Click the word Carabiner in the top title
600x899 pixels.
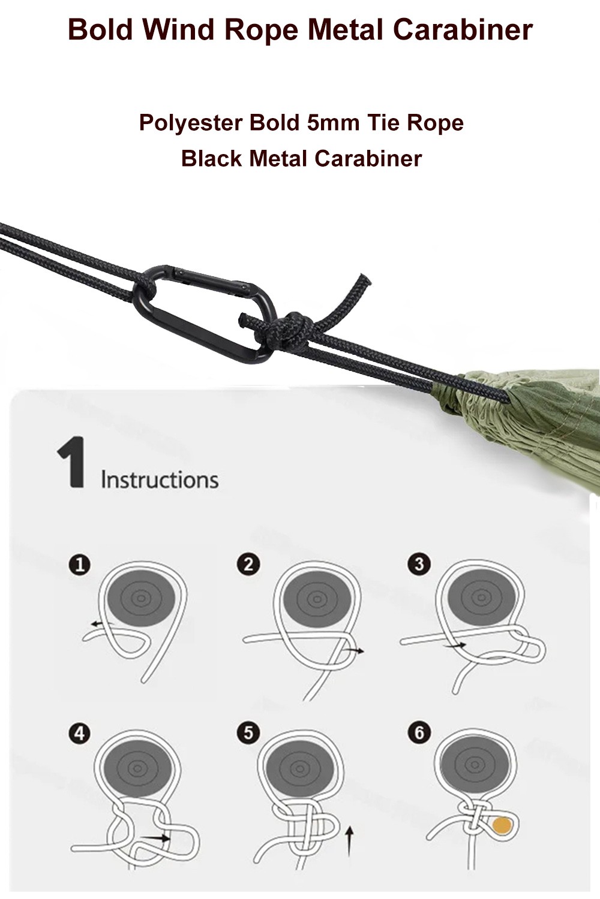[x=463, y=30]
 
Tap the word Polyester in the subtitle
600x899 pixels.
[x=191, y=123]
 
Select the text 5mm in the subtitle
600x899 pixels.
[x=333, y=123]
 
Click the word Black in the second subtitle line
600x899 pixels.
[x=212, y=159]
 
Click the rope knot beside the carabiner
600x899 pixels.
[x=289, y=329]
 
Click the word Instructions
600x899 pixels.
[x=160, y=480]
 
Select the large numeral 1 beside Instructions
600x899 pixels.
[x=71, y=462]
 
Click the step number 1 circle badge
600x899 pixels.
[x=80, y=565]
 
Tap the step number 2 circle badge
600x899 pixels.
[x=248, y=565]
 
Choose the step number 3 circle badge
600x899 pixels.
[x=419, y=564]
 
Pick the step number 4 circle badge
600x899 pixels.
[x=80, y=733]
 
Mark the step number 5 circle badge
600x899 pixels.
[x=248, y=733]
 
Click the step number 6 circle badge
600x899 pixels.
[x=419, y=732]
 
